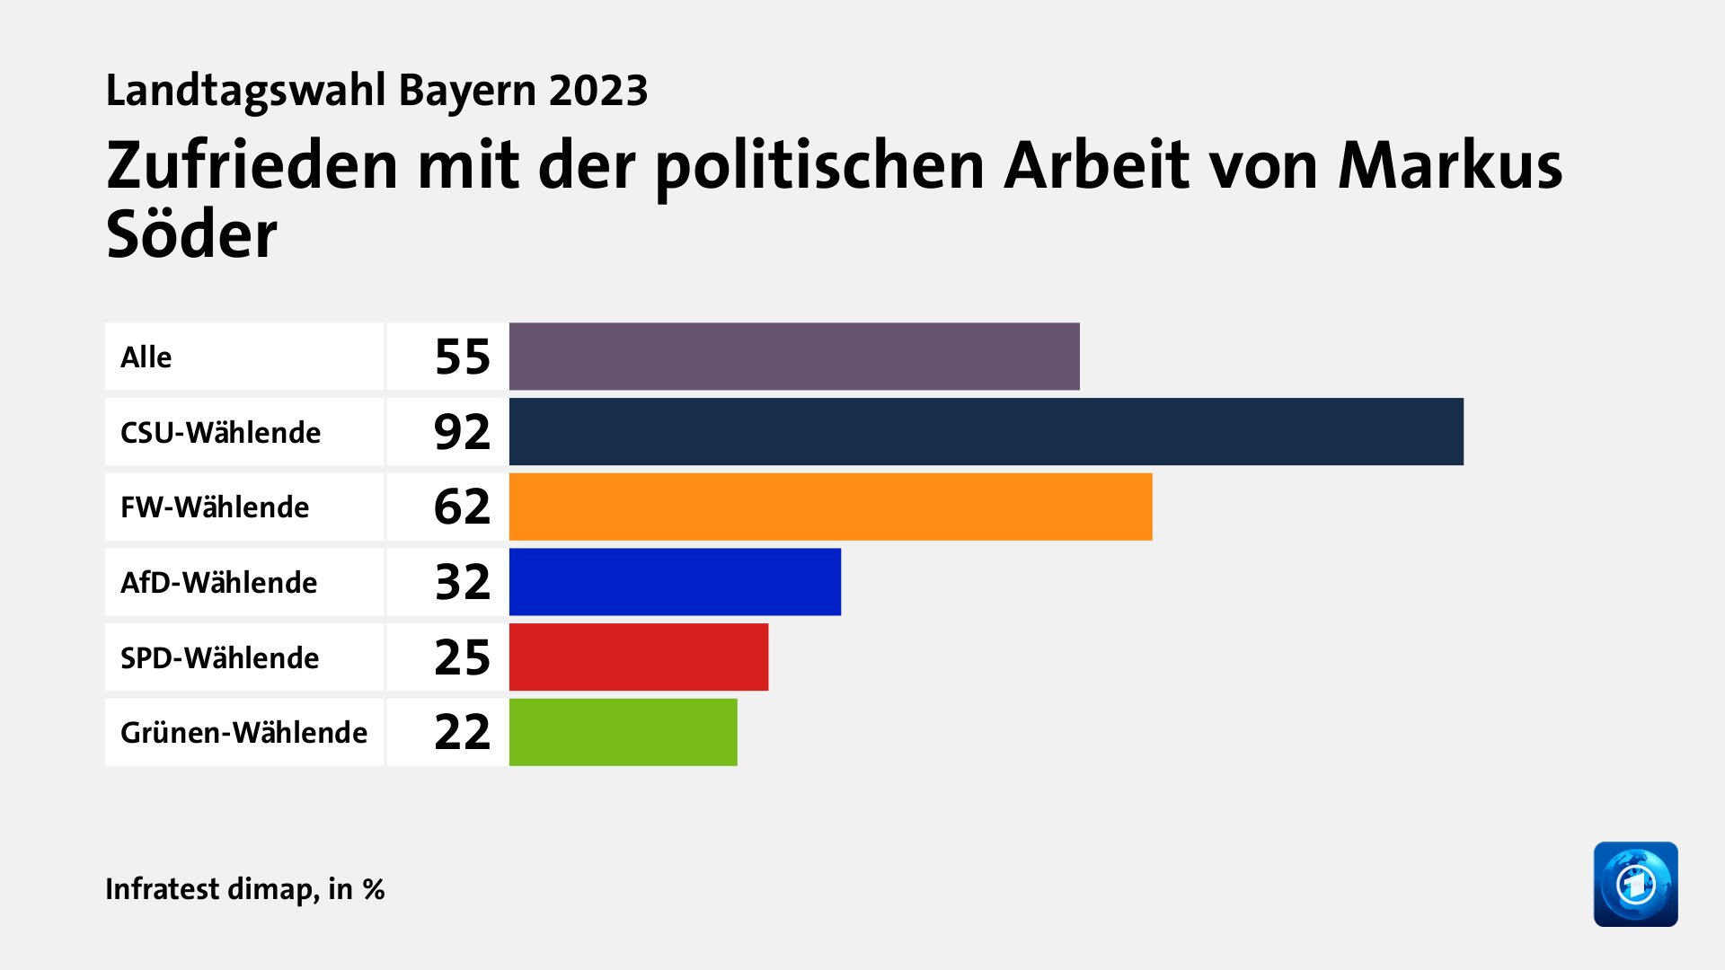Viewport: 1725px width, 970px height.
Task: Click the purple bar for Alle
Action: click(794, 357)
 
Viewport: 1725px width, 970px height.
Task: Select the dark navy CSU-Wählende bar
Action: click(986, 432)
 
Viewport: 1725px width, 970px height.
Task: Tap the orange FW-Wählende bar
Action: click(830, 507)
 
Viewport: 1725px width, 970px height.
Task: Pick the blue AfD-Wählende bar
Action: click(675, 582)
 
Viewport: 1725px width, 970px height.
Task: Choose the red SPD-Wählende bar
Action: click(638, 657)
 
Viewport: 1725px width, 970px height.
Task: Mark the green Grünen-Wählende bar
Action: click(623, 732)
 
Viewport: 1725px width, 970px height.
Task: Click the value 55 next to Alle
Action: click(462, 357)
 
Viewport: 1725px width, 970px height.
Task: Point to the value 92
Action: click(462, 432)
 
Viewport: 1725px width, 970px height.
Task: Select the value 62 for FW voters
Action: click(462, 507)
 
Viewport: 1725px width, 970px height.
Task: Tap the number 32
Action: click(462, 582)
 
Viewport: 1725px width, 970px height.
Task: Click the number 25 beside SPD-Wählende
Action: click(462, 657)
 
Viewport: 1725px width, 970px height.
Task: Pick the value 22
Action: click(462, 732)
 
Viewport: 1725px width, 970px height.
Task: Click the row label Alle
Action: click(146, 357)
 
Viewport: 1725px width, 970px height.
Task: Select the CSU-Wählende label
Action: click(220, 432)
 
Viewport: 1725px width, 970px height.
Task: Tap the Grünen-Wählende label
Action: click(243, 732)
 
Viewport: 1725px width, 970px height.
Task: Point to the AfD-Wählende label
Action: click(218, 582)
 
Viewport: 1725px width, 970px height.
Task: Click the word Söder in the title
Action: click(191, 235)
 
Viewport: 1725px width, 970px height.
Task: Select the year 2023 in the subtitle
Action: click(598, 91)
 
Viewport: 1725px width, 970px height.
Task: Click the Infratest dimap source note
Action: click(244, 888)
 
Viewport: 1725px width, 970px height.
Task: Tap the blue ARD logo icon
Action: click(1635, 884)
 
